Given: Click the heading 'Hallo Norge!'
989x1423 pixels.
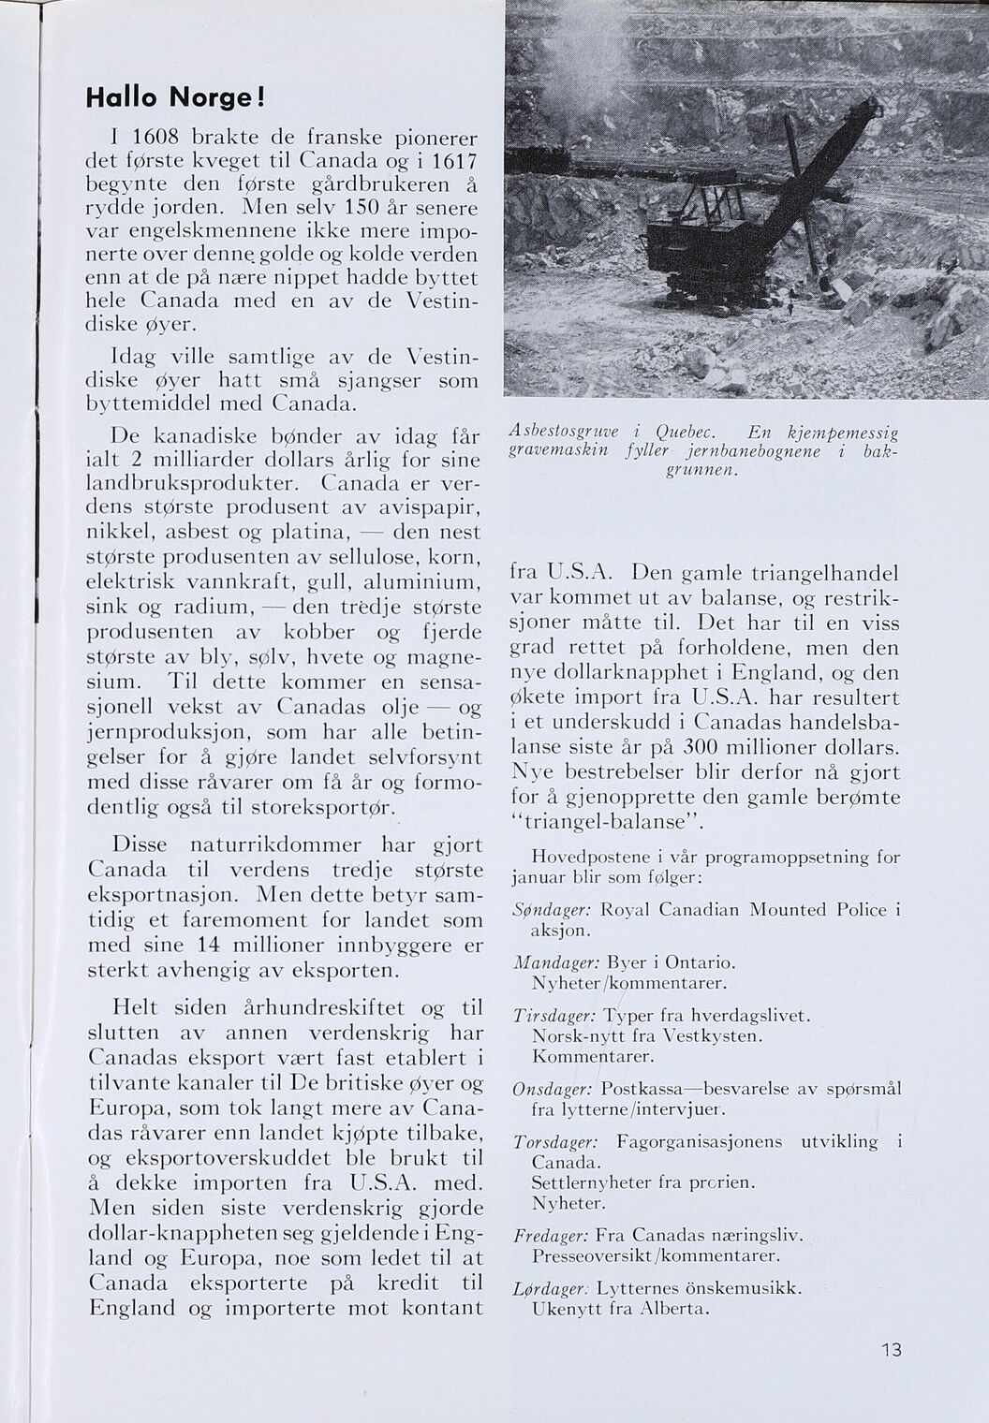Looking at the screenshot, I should [x=175, y=97].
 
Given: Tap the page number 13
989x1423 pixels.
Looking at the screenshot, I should [x=891, y=1350].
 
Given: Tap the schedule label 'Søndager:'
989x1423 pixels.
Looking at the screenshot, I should [x=552, y=910].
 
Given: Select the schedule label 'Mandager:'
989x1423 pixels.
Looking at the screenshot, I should [x=554, y=963].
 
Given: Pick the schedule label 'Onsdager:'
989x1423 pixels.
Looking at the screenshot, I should [x=553, y=1090].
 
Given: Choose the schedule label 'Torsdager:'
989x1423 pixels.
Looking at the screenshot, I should [x=555, y=1142].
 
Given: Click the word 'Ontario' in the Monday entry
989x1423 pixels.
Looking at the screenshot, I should [x=700, y=962].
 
